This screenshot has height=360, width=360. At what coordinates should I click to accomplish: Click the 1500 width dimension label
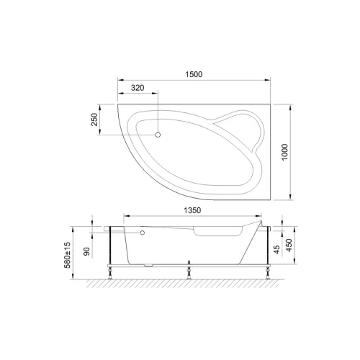click(x=193, y=74)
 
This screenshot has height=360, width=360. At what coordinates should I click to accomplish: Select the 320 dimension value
click(x=140, y=89)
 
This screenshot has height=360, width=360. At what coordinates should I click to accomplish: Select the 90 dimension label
click(x=87, y=252)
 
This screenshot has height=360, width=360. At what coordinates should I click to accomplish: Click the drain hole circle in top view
click(x=159, y=133)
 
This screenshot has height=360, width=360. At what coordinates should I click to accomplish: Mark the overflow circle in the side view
click(x=143, y=233)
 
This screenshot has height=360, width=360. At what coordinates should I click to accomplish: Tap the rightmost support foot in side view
click(x=266, y=273)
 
